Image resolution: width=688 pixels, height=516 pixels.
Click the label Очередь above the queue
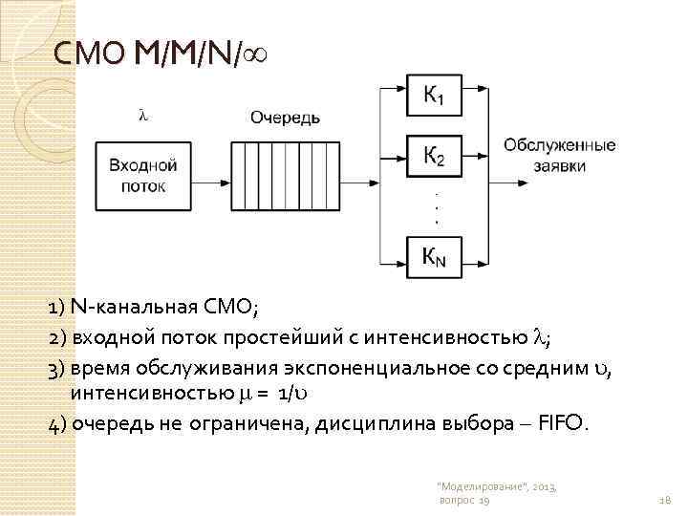285,118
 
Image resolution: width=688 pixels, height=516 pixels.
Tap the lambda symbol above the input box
143,115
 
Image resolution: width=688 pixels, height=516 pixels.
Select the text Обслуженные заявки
559,155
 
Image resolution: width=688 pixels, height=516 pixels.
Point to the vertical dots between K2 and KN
438,206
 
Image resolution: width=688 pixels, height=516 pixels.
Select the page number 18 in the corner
665,501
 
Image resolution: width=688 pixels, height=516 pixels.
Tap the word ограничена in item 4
207,421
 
